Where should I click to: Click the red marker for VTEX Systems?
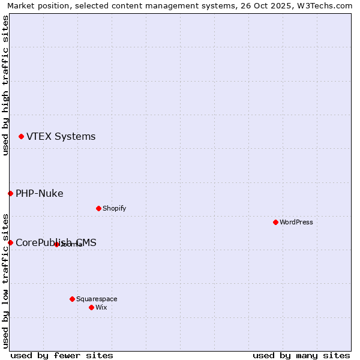(x=21, y=137)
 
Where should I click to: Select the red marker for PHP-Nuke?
(x=10, y=193)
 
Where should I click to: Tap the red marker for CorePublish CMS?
(x=10, y=242)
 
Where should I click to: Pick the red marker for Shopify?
(x=98, y=208)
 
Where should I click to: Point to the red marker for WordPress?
(x=275, y=222)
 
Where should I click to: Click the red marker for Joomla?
(x=56, y=244)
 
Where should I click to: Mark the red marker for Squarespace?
(x=72, y=299)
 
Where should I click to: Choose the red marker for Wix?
(x=91, y=307)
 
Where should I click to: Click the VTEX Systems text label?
(x=61, y=137)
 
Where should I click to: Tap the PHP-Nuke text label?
(x=39, y=194)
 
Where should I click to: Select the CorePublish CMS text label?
(x=56, y=243)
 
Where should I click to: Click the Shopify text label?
(x=114, y=209)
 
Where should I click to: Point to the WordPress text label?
(x=296, y=223)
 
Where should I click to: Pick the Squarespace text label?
(x=97, y=299)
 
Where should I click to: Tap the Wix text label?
(x=101, y=308)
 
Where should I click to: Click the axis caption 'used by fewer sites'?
(x=62, y=355)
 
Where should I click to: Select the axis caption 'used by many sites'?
(x=301, y=355)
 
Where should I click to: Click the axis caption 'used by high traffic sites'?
(x=5, y=85)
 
